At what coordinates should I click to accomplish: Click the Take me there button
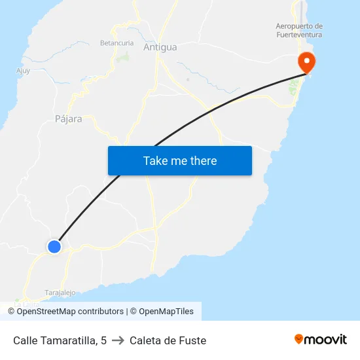(180, 160)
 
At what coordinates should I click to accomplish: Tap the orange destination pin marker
(306, 62)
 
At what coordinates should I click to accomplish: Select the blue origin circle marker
(54, 246)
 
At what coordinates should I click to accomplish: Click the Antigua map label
(160, 47)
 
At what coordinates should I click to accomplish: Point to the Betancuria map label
(117, 43)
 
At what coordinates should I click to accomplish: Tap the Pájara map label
(69, 119)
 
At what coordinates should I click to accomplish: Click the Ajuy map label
(23, 71)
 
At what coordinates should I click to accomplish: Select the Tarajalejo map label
(60, 293)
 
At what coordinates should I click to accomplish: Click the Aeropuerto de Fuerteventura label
(299, 31)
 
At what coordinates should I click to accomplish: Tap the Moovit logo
(320, 340)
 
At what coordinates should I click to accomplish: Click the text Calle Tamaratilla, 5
(60, 340)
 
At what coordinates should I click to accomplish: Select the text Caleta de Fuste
(168, 340)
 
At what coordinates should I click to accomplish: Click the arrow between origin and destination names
(118, 340)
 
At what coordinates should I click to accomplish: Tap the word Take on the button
(155, 160)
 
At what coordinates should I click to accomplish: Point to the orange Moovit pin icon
(299, 339)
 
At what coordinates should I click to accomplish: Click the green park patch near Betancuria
(123, 57)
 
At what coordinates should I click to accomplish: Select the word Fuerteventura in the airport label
(299, 35)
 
